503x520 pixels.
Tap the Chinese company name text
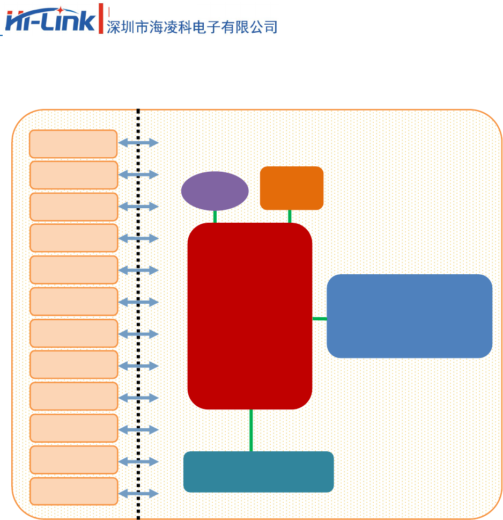192,27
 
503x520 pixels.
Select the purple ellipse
214,191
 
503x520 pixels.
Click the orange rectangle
292,188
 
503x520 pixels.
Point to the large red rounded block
250,316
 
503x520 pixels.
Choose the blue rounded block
409,316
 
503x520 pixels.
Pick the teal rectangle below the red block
258,472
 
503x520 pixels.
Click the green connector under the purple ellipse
215,217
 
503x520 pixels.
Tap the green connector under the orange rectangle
290,216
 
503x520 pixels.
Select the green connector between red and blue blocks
320,319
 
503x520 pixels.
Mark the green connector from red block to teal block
251,430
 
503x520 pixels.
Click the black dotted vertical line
138,322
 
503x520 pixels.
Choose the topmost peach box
73,144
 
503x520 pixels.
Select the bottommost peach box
73,491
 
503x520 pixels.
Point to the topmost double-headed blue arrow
138,143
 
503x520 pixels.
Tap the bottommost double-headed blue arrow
138,494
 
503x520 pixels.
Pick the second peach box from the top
73,175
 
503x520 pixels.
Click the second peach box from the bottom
73,460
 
